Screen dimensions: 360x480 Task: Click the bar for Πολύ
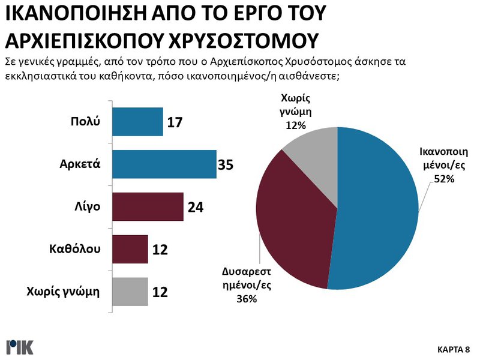click(137, 122)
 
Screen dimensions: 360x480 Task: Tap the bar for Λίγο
click(148, 207)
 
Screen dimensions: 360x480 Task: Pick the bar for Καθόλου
click(130, 249)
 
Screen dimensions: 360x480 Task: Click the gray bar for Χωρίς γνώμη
click(130, 292)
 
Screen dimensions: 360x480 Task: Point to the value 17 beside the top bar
click(173, 122)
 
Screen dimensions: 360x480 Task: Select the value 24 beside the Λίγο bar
click(196, 208)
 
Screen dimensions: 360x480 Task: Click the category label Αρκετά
click(79, 164)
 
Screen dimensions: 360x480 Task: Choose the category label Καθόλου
click(75, 248)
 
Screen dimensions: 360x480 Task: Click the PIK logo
click(19, 347)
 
